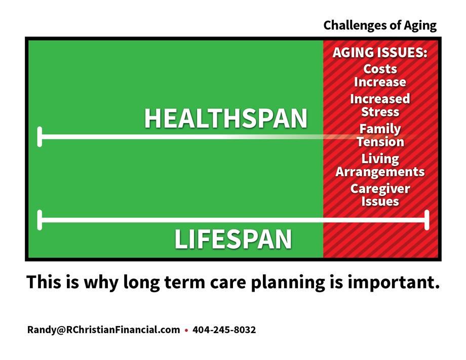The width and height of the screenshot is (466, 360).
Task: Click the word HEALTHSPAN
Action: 225,118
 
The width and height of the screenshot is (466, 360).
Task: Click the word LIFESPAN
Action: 233,239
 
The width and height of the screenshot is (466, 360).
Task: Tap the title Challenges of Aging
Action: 380,25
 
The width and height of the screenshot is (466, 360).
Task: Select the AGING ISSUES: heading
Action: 380,53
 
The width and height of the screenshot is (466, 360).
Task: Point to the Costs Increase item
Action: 380,75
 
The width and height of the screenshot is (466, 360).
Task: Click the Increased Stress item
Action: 380,105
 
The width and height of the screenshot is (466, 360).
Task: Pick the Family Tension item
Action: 380,135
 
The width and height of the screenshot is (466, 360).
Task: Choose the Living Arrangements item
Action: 380,165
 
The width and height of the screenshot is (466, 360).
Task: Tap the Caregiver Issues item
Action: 380,195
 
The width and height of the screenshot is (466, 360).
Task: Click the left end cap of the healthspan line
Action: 40,137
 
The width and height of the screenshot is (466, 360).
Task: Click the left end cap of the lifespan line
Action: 40,220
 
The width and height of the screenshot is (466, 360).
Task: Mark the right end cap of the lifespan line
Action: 427,220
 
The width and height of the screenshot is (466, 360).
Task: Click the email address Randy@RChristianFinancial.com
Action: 103,330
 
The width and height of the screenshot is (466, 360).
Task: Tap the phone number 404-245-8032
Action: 224,330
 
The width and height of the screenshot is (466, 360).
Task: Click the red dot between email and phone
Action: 186,330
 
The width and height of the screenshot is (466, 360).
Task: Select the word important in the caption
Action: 394,282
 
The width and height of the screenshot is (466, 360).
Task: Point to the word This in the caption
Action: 44,282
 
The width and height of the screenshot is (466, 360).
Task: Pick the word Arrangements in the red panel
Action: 380,172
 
